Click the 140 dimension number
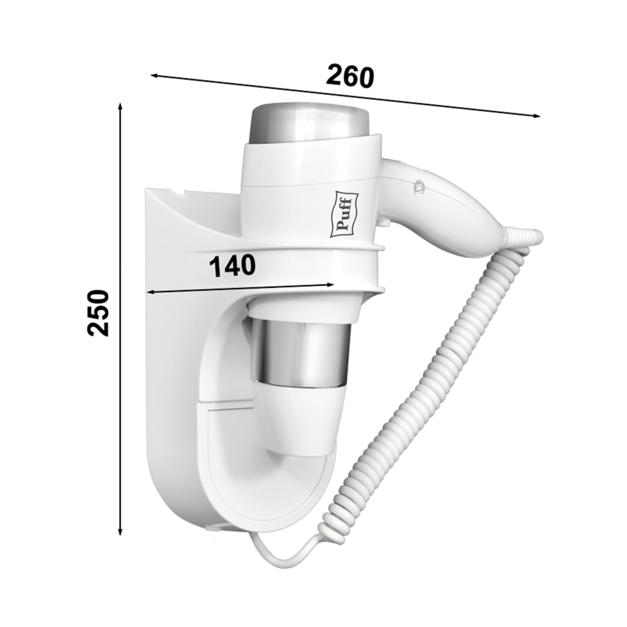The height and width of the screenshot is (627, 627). (232, 266)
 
